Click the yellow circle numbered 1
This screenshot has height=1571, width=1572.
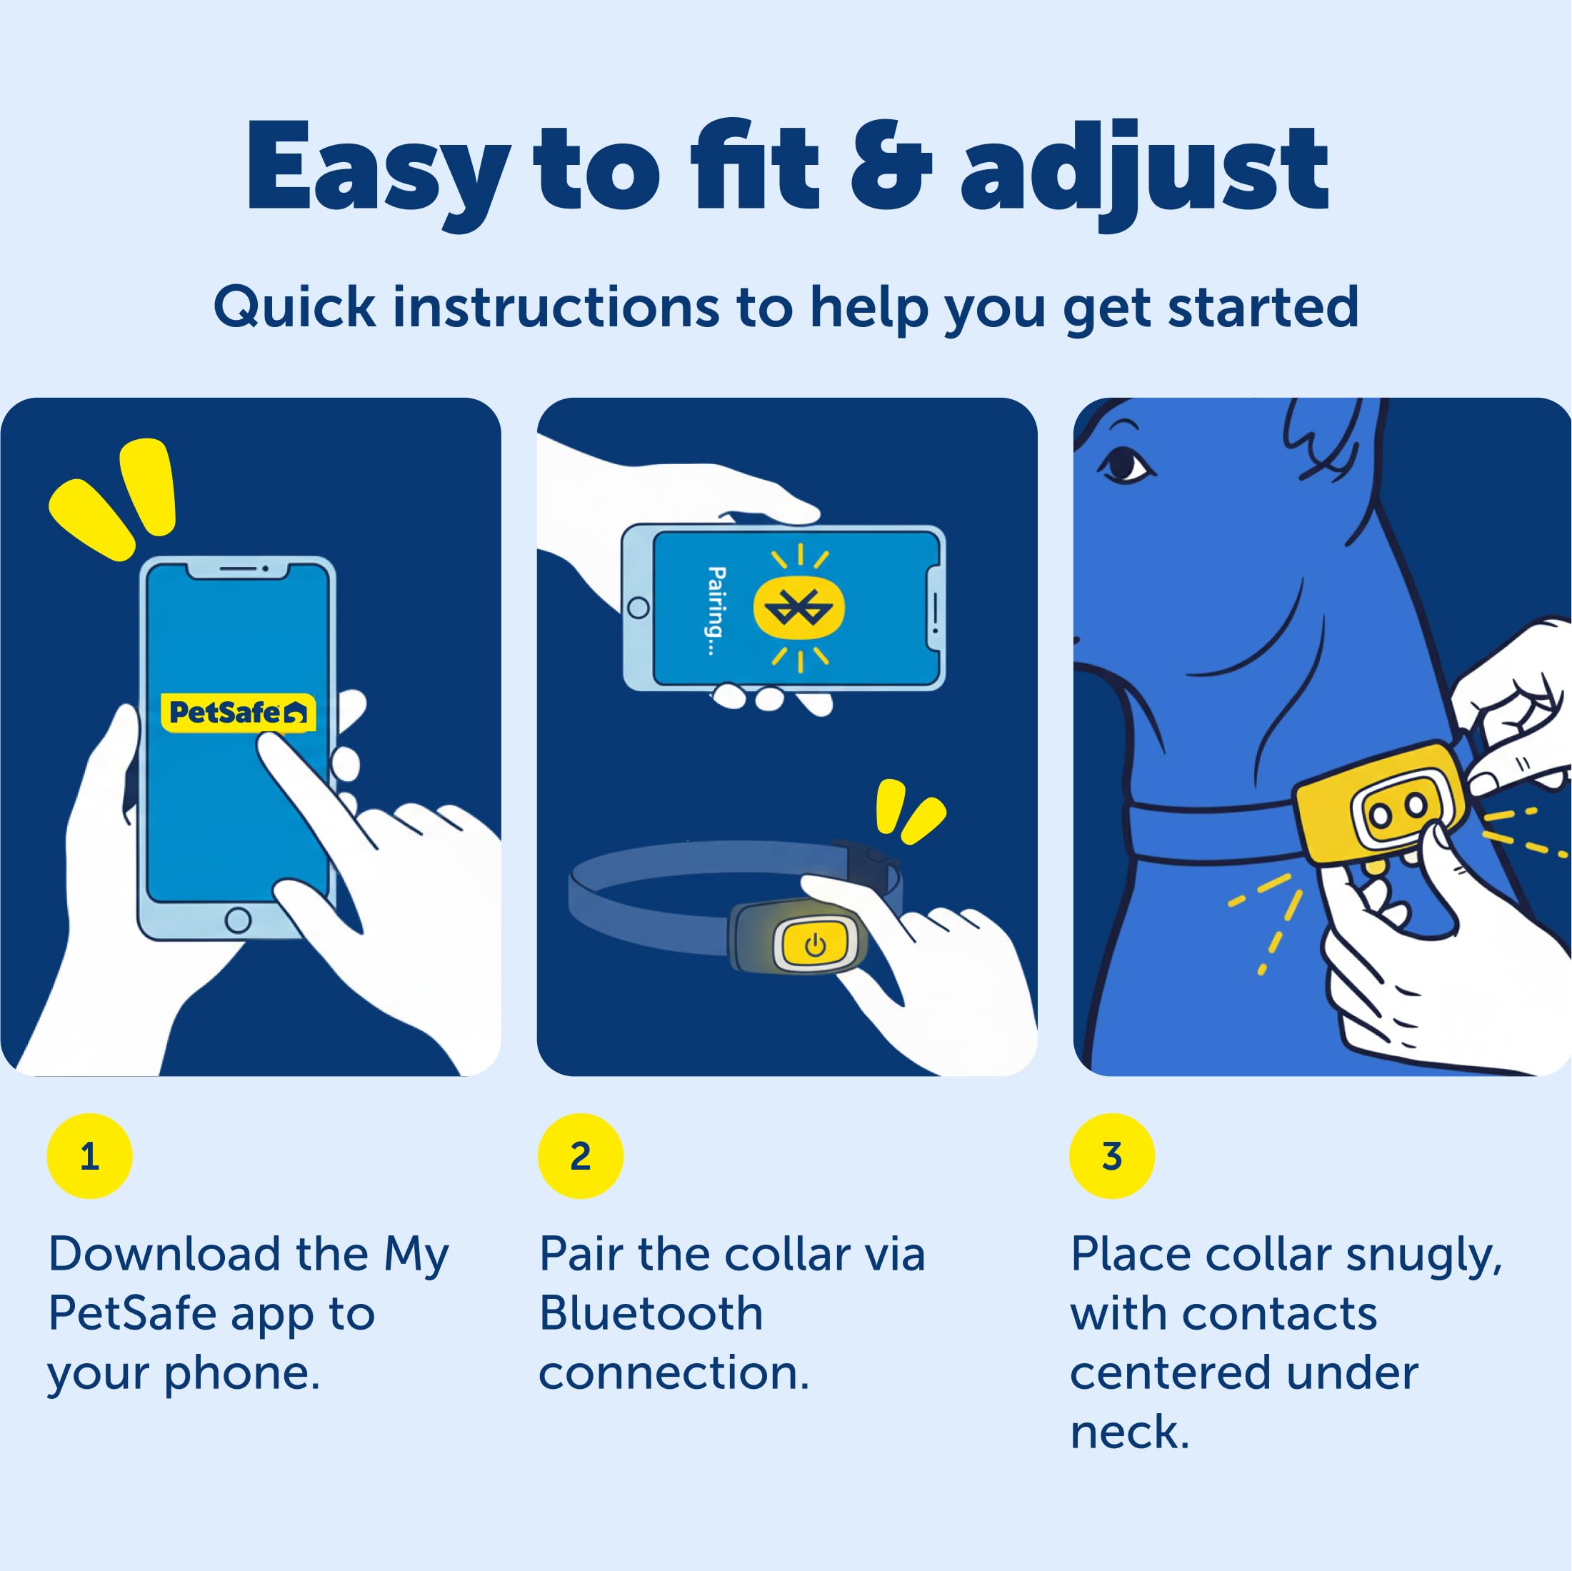[x=89, y=1156]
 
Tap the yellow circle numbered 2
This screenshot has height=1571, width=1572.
[x=580, y=1156]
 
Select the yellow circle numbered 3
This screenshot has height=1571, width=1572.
[x=1111, y=1156]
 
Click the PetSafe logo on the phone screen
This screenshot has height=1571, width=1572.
[x=238, y=713]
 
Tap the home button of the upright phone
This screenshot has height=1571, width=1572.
[x=238, y=920]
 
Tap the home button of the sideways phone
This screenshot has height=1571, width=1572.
[x=639, y=608]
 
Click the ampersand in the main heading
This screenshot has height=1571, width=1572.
[x=890, y=168]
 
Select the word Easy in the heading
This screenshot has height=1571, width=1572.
[x=379, y=174]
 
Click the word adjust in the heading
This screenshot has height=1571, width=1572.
[x=1144, y=174]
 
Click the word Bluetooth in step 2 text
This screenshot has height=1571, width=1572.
[x=651, y=1313]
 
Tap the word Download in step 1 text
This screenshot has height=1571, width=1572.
[x=209, y=1254]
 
